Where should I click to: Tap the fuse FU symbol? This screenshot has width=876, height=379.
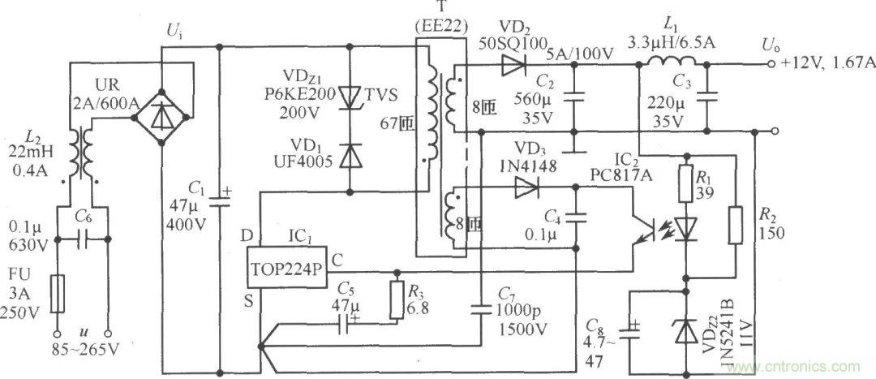pos(57,293)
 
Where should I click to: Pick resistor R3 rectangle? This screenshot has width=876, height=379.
pos(397,299)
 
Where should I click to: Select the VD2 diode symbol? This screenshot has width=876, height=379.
pos(512,65)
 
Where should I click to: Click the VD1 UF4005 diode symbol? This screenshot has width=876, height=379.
pos(350,154)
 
